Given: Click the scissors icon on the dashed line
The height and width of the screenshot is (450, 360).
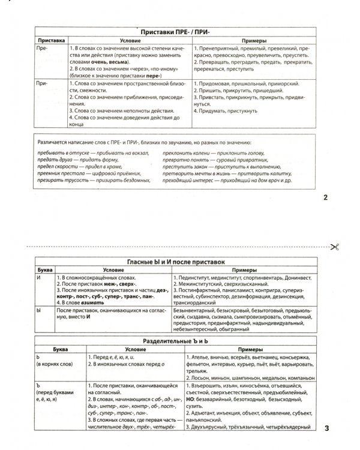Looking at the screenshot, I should pyautogui.click(x=334, y=247).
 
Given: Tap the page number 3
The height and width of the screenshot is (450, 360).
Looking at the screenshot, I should pyautogui.click(x=326, y=445).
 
